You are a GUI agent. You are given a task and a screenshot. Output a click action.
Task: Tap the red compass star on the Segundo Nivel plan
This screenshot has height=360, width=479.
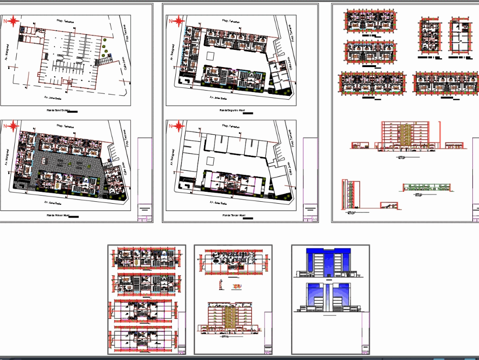pos(178,21)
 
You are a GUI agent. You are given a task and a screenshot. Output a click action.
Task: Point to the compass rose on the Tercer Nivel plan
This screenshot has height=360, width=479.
pos(178,126)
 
